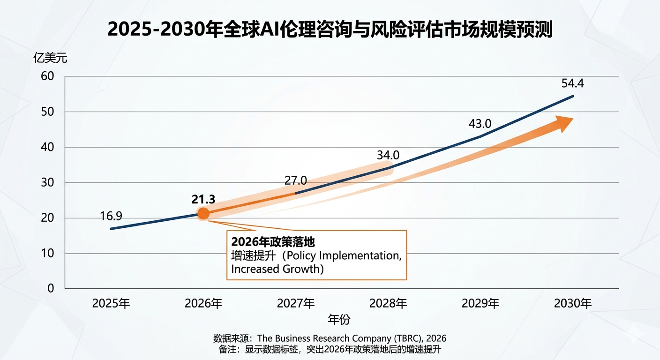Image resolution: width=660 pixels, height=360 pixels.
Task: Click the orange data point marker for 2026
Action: [x=203, y=214]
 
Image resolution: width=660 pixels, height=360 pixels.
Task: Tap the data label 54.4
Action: [x=572, y=84]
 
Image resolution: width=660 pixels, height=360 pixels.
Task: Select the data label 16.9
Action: [x=111, y=216]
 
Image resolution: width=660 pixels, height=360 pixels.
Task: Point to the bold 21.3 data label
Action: [x=203, y=199]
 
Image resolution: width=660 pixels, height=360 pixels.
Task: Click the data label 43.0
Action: [x=480, y=124]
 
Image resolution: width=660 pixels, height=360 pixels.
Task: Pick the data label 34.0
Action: [x=388, y=155]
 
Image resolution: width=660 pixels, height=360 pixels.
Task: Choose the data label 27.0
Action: [x=296, y=180]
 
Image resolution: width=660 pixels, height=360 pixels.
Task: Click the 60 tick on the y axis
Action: [x=48, y=76]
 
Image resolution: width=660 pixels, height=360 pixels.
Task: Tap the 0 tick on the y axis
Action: [x=51, y=288]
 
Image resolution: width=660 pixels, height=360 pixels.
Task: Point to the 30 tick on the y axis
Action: [x=48, y=182]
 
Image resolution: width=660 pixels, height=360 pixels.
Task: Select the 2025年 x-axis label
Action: [x=111, y=303]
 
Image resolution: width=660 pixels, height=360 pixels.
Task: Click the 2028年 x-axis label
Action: [x=388, y=303]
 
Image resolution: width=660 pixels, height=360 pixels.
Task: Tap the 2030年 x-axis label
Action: [x=573, y=303]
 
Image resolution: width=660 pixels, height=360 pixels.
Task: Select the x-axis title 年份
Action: [x=339, y=320]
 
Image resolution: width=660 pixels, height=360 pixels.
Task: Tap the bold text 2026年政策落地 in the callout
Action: [x=273, y=242]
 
